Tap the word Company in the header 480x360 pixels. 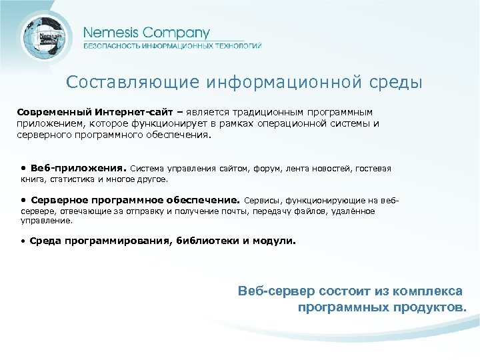point(174,33)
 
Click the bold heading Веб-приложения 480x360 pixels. point(78,168)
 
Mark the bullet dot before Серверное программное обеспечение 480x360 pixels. point(23,199)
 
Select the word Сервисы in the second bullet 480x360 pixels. point(263,200)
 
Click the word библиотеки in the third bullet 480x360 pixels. point(205,241)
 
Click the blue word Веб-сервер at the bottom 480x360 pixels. point(271,291)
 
